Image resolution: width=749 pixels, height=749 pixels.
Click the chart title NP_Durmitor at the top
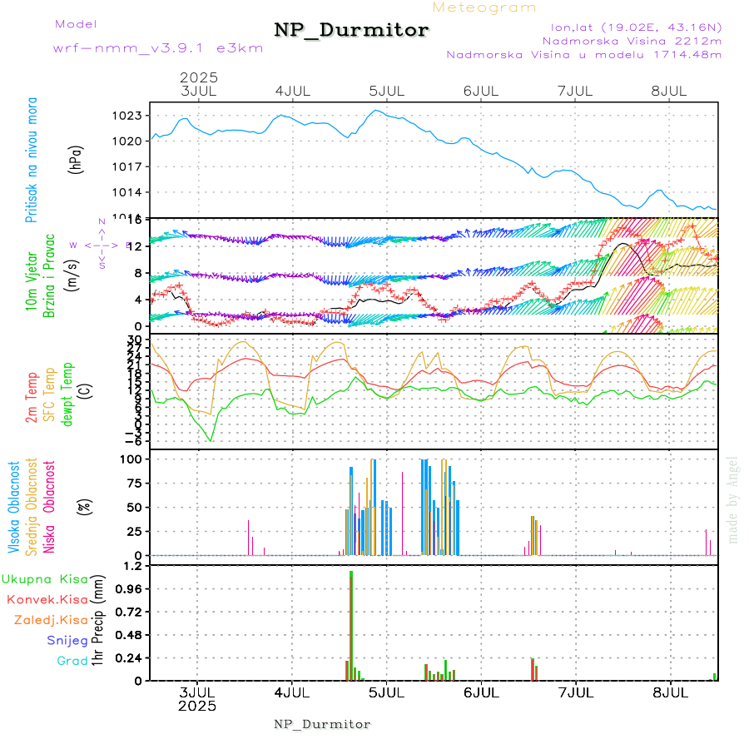(x=351, y=31)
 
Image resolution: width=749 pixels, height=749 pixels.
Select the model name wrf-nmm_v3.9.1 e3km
(x=158, y=47)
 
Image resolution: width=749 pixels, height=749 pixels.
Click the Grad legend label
(x=72, y=661)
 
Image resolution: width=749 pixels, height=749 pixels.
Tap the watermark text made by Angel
(x=733, y=499)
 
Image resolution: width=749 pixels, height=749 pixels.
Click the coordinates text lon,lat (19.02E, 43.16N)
(x=630, y=26)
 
